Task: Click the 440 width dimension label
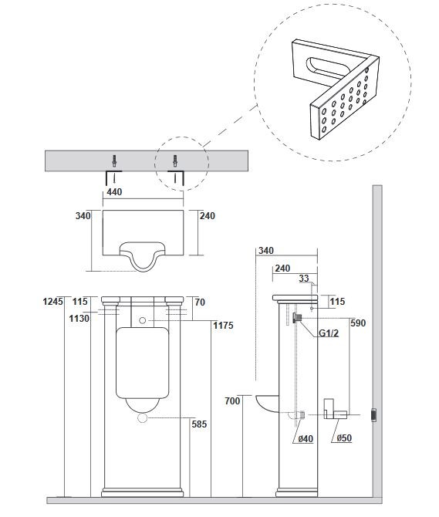[114, 192]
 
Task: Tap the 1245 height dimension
[52, 302]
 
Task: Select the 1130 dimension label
[79, 319]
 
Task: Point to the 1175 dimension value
[223, 326]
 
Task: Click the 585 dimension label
[199, 424]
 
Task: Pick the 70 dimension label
[200, 302]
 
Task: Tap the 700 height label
[232, 401]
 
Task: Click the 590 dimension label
[358, 323]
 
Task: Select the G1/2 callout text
[329, 333]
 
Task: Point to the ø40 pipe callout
[306, 439]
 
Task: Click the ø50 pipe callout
[344, 438]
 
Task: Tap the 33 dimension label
[304, 279]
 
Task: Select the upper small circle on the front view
[143, 320]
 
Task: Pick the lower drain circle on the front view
[143, 417]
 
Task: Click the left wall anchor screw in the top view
[114, 161]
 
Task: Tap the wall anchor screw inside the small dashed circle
[174, 161]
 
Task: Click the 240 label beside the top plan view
[208, 216]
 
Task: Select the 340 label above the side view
[266, 251]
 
